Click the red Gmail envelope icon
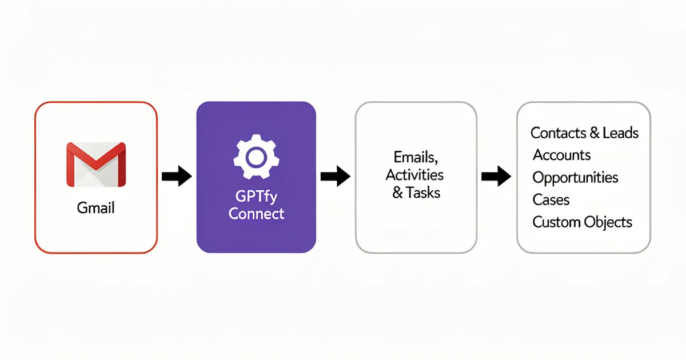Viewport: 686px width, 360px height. coord(96,165)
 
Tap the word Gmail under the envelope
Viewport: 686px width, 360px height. coord(96,207)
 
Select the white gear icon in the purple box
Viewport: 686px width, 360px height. coord(256,155)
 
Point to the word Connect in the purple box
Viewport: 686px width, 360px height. coord(256,214)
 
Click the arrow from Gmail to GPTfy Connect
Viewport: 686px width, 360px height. coord(177,177)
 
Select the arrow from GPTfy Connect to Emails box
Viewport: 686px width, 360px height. coord(335,177)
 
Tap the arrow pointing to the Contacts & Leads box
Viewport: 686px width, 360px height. coord(496,177)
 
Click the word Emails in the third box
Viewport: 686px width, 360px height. coord(416,157)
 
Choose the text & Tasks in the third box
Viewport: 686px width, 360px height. coord(416,193)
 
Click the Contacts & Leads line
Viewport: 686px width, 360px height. coord(584,133)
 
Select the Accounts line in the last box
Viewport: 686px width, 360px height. coord(561,155)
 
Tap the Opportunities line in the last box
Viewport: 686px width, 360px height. coord(575,178)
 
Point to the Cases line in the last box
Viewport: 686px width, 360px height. coord(551,200)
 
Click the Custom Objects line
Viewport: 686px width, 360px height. coord(582,222)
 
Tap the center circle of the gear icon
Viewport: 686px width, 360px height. coord(256,155)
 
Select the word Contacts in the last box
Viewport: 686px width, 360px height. coord(558,133)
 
